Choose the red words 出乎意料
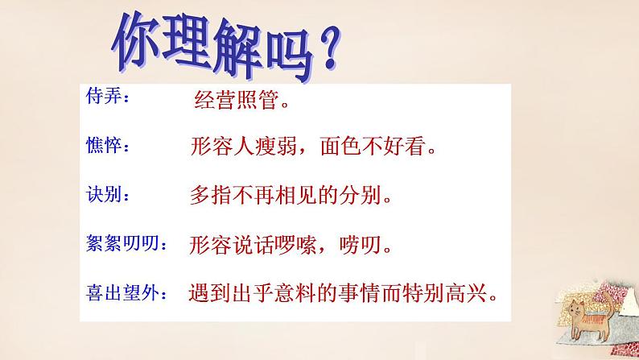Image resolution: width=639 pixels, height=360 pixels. click(282, 291)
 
